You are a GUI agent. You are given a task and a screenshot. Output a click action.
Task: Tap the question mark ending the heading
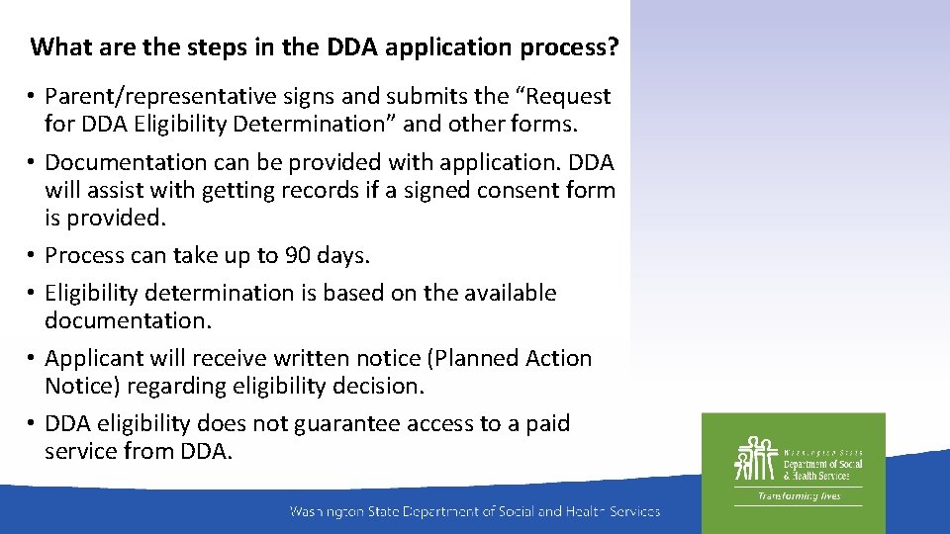[615, 47]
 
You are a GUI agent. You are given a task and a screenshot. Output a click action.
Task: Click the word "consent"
[511, 190]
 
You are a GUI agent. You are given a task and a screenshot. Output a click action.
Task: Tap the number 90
[298, 256]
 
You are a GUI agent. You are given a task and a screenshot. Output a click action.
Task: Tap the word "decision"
[377, 387]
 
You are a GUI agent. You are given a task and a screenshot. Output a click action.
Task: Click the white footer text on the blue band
[474, 511]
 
